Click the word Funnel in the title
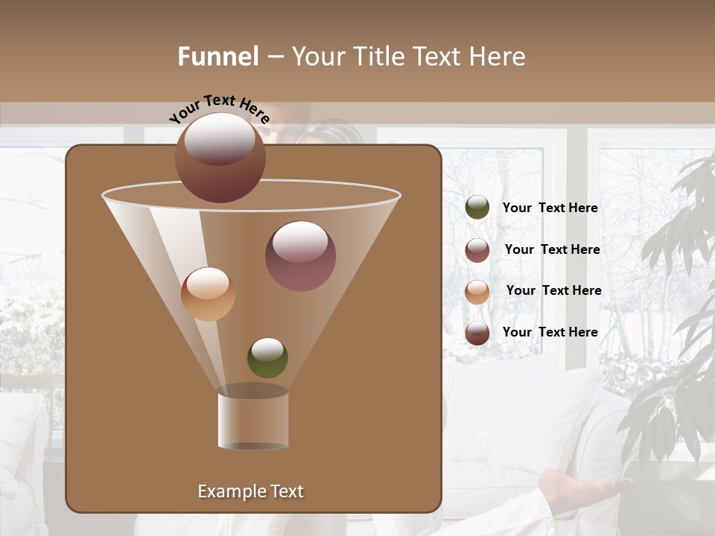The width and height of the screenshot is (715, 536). (x=218, y=57)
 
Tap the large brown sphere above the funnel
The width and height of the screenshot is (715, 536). (x=220, y=157)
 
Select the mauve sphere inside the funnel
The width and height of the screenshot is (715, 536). (x=300, y=255)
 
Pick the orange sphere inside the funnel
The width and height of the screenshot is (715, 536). (x=208, y=293)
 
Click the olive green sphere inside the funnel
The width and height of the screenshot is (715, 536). (x=267, y=357)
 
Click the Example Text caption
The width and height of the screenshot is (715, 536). (x=250, y=491)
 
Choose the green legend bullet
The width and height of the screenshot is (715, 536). (x=477, y=208)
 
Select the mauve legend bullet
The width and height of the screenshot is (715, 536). (x=477, y=250)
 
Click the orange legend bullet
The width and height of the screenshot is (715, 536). (x=477, y=291)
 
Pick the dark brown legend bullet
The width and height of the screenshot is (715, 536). (x=477, y=333)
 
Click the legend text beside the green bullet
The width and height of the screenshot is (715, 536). (x=550, y=208)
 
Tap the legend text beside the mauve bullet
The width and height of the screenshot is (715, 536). (x=552, y=249)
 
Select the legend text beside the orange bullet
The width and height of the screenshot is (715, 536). (x=553, y=290)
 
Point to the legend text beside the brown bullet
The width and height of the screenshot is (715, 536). (x=550, y=332)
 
